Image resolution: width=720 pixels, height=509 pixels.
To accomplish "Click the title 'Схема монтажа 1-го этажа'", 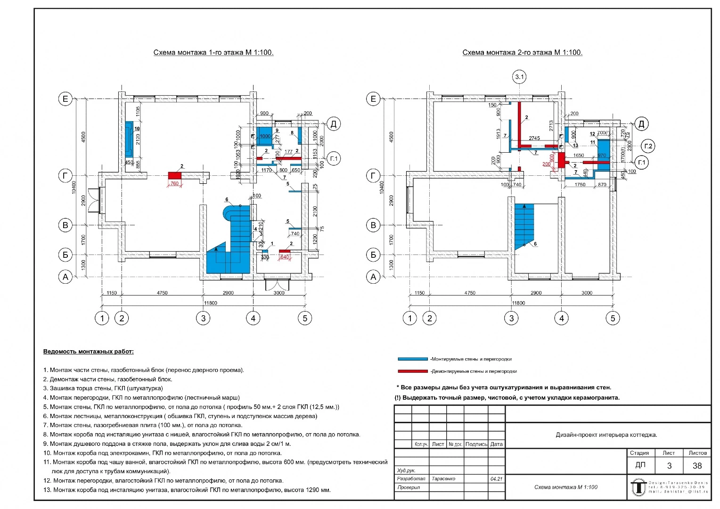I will click(213, 52).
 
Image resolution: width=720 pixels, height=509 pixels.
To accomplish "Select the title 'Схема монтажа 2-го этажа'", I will click(522, 52).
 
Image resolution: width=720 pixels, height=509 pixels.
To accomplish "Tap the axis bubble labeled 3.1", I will click(519, 77).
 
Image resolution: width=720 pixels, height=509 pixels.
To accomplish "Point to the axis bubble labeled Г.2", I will click(648, 146).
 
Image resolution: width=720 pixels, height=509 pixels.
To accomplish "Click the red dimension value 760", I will click(174, 183).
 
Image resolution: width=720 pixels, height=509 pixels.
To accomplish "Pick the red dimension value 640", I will click(285, 257).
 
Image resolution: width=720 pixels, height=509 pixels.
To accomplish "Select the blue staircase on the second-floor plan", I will click(524, 224).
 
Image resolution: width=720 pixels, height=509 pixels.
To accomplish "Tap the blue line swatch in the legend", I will click(413, 359).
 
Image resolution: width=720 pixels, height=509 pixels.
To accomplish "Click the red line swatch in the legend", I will click(413, 371).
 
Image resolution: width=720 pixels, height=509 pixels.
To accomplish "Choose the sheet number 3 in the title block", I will click(669, 466).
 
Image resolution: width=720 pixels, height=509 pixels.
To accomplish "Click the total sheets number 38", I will click(697, 466).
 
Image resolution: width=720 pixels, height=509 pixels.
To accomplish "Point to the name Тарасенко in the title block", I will click(443, 478).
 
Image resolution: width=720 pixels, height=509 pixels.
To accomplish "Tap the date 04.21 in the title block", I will click(496, 478).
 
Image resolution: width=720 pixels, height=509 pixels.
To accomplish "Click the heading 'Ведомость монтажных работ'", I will click(88, 352).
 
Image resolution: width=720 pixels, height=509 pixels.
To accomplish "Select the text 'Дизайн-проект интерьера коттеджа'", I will click(606, 435).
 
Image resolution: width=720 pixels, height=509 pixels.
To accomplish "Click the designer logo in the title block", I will click(638, 486).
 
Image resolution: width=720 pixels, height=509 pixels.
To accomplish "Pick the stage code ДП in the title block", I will click(640, 465).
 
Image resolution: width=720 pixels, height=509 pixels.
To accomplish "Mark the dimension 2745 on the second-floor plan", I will click(534, 139).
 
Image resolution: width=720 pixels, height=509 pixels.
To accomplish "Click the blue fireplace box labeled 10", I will click(129, 139).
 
